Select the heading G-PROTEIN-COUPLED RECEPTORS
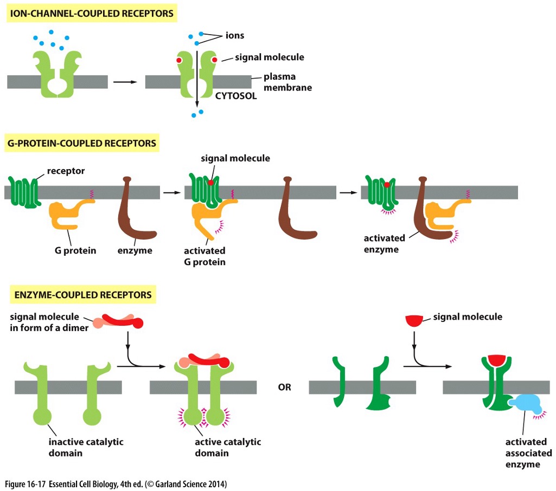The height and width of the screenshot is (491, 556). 82,144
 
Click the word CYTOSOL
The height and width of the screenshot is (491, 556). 236,97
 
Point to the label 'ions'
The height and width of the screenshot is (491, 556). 234,36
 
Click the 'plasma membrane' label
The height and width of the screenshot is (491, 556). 287,82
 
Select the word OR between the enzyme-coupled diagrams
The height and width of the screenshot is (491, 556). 284,387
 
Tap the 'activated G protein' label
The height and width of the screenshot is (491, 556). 204,256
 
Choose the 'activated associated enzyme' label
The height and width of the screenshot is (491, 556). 528,453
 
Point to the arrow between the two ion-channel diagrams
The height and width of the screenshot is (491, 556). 125,82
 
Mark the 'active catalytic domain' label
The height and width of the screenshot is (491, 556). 228,447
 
